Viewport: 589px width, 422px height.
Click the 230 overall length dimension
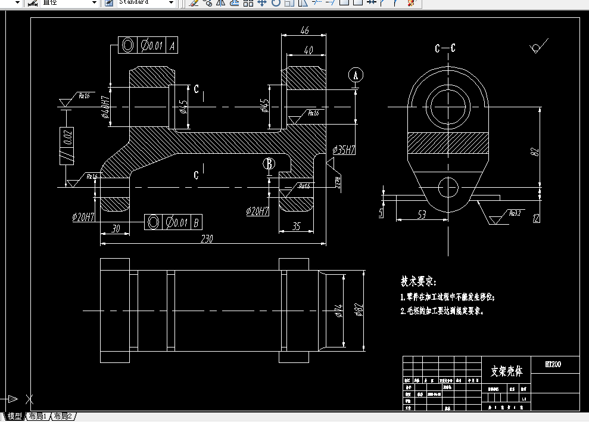tap(206, 238)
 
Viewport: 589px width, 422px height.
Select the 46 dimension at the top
tap(304, 30)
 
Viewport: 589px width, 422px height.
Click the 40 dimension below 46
tap(308, 51)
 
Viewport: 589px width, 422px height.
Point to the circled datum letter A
tap(356, 75)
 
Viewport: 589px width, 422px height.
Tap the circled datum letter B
tap(269, 163)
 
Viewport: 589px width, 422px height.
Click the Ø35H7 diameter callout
tap(344, 149)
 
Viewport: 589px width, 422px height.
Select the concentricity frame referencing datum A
tap(148, 45)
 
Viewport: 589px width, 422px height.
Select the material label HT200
tap(553, 364)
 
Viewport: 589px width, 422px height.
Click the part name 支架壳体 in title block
tap(506, 371)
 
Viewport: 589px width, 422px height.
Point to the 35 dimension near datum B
tap(295, 226)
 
